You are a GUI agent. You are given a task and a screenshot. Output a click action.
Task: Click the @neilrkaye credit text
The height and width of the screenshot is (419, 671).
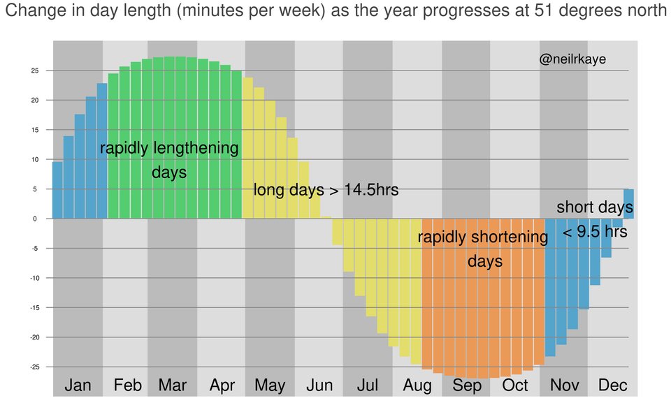pyautogui.click(x=572, y=60)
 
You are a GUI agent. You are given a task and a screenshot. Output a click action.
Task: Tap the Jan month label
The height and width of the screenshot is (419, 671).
pyautogui.click(x=78, y=385)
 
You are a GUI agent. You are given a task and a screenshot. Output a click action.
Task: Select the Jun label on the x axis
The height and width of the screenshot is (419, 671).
pyautogui.click(x=319, y=385)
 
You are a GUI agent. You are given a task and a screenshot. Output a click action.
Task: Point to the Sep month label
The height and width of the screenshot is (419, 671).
pyautogui.click(x=466, y=385)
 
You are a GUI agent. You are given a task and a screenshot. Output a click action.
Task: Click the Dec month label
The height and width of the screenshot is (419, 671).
pyautogui.click(x=613, y=385)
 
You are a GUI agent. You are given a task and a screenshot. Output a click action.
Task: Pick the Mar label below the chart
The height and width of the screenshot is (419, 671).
pyautogui.click(x=172, y=385)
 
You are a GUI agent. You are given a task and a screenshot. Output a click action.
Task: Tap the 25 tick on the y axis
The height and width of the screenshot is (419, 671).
pyautogui.click(x=34, y=71)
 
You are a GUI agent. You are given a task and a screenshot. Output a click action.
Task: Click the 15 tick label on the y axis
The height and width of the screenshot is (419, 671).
pyautogui.click(x=34, y=130)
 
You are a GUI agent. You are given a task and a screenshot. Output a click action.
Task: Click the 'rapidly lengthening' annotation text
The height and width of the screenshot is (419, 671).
pyautogui.click(x=169, y=149)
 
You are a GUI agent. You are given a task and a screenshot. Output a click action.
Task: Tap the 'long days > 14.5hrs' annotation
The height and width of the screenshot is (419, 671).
pyautogui.click(x=326, y=189)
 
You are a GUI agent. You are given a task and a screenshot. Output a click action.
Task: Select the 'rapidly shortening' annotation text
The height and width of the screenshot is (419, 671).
pyautogui.click(x=483, y=237)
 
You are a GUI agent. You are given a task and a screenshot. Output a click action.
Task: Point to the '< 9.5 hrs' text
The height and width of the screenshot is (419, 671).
pyautogui.click(x=595, y=232)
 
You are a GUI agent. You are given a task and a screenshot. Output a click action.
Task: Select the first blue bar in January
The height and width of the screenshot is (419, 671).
pyautogui.click(x=57, y=190)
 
